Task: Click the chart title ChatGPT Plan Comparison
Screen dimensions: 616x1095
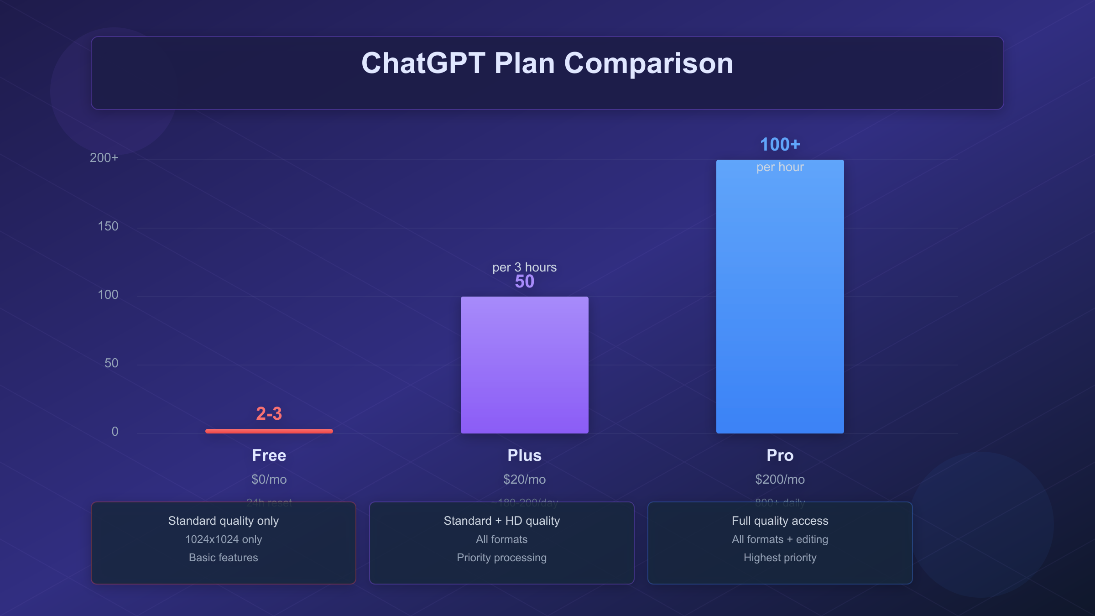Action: [x=547, y=63]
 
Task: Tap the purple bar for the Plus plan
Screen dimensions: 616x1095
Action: [x=524, y=365]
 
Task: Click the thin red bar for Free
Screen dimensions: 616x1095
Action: [x=269, y=431]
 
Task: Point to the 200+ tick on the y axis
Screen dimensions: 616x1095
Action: [x=104, y=158]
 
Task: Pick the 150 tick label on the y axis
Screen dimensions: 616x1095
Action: [x=108, y=226]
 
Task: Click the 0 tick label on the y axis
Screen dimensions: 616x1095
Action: [x=115, y=432]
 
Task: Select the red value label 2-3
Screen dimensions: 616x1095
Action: [x=269, y=414]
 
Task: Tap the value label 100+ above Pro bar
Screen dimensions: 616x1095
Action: [x=780, y=145]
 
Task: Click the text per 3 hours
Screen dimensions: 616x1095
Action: [x=524, y=267]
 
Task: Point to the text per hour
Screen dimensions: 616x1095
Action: [x=780, y=167]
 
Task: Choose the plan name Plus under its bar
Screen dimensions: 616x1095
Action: [x=524, y=455]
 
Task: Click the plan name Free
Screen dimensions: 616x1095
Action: [x=269, y=455]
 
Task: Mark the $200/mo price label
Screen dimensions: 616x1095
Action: [x=780, y=480]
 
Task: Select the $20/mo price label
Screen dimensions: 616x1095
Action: [x=524, y=480]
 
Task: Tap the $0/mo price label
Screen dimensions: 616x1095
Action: [x=269, y=480]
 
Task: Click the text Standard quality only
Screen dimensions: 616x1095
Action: [x=223, y=521]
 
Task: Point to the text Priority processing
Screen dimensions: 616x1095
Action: [x=501, y=558]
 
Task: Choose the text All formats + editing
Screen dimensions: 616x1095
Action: [x=780, y=539]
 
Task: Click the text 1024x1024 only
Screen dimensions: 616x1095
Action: [x=223, y=539]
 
